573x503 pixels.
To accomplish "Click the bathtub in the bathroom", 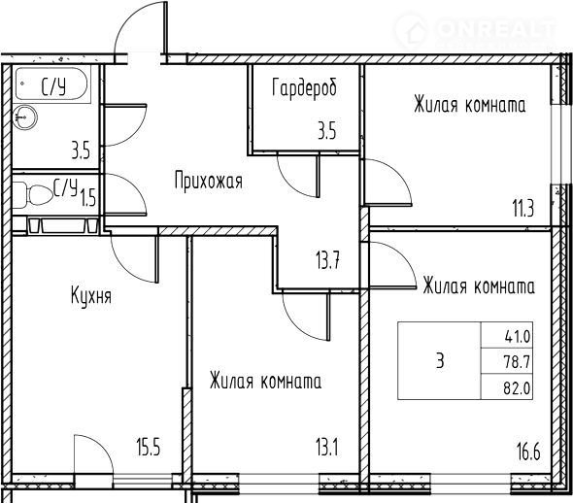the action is click(51, 84).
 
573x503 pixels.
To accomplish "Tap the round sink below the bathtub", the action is click(25, 117).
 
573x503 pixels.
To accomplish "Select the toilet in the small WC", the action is click(35, 194).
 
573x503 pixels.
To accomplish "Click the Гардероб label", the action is click(304, 89).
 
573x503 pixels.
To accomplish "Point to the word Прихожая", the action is click(209, 181).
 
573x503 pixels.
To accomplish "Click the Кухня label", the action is click(91, 296).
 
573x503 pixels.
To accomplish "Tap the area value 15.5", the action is click(149, 448).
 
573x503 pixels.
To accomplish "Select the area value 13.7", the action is click(328, 261).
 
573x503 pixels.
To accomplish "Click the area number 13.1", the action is click(327, 448).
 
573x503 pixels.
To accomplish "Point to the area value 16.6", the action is click(528, 452).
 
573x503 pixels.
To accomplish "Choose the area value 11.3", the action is click(523, 209).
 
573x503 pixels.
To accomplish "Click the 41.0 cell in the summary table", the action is click(517, 336).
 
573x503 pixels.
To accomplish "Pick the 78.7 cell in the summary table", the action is click(517, 362).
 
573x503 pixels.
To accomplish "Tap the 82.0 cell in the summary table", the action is click(517, 388).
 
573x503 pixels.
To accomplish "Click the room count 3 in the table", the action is click(440, 361).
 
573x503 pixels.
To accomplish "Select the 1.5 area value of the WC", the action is click(88, 199).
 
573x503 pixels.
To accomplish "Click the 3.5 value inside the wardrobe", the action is click(326, 131).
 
